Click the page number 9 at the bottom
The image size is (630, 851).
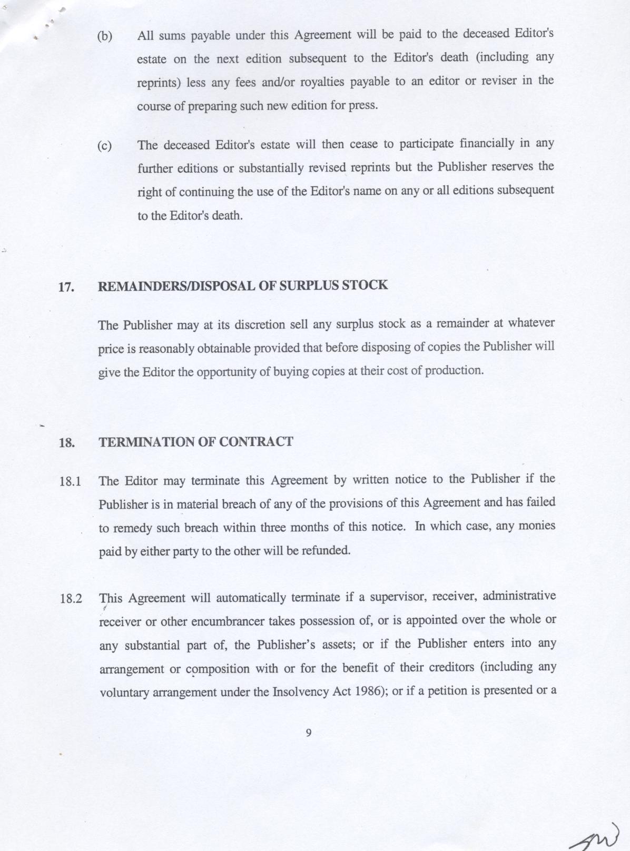[309, 733]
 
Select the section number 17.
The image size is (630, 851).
[65, 288]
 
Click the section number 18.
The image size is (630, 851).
[66, 443]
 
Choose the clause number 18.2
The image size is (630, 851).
[71, 599]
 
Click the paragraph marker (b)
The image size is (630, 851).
[105, 37]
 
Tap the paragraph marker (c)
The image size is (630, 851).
[105, 146]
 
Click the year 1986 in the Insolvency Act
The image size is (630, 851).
[368, 691]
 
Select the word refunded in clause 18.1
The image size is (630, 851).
[327, 551]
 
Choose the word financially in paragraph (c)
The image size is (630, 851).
[487, 144]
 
